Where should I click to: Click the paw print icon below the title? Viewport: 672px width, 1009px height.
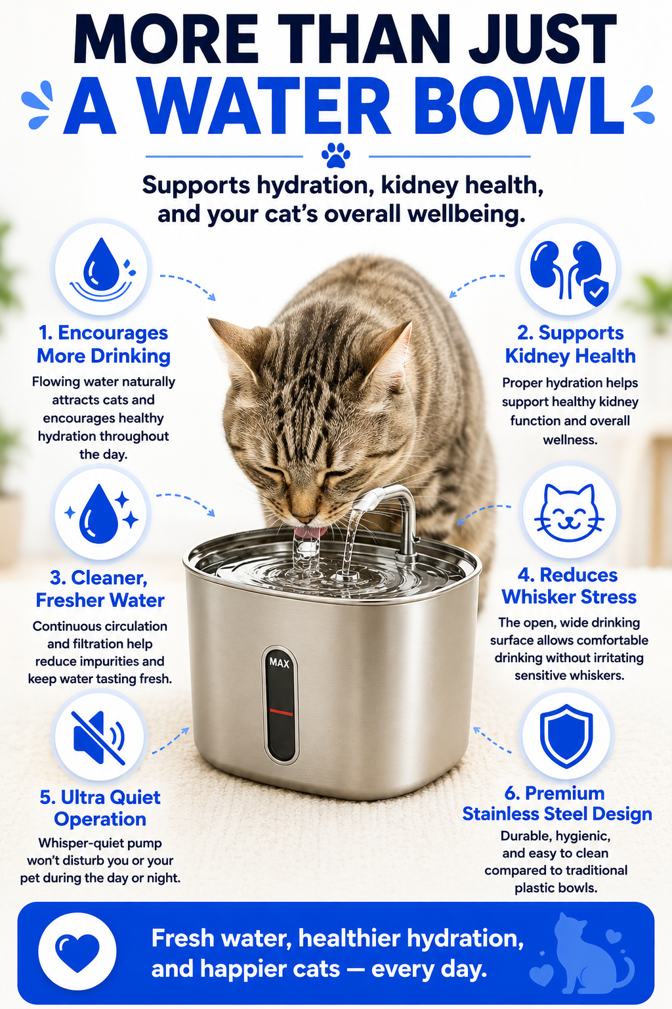336,156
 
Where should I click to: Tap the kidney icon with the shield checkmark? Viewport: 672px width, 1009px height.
569,270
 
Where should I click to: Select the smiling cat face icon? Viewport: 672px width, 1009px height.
569,512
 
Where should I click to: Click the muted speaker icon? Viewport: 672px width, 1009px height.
99,738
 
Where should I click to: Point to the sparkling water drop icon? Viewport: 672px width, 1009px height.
101,513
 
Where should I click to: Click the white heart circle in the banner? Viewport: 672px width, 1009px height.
77,951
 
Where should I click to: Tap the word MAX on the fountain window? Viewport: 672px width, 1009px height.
280,663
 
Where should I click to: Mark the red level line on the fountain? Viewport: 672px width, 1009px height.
282,711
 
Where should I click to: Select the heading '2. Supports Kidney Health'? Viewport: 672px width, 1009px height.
570,344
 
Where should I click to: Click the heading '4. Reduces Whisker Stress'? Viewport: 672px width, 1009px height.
569,586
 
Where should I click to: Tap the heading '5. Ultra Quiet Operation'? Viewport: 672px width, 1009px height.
100,808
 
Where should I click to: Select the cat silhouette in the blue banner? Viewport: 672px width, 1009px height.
585,954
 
